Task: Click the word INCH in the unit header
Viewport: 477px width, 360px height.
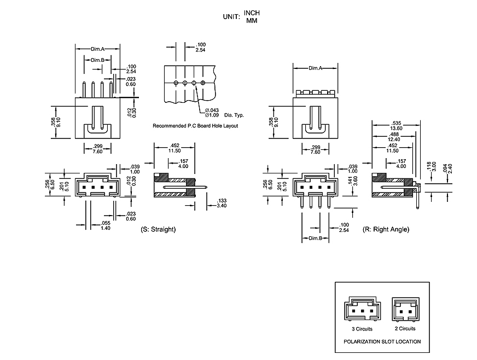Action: [x=252, y=13]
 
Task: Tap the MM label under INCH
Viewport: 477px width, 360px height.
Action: [x=252, y=21]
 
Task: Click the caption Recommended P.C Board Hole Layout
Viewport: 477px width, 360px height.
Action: [x=195, y=126]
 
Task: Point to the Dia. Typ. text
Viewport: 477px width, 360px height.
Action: [x=234, y=115]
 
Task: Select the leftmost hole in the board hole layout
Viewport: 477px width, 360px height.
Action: [x=176, y=83]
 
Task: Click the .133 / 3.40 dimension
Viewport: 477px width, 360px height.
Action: [x=222, y=203]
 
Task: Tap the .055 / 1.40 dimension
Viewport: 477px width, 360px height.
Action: [x=106, y=225]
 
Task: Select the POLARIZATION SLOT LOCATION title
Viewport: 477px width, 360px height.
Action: [x=382, y=342]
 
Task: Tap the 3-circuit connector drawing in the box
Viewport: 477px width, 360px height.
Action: [x=360, y=310]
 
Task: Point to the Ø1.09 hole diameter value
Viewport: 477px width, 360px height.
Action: [x=211, y=115]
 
